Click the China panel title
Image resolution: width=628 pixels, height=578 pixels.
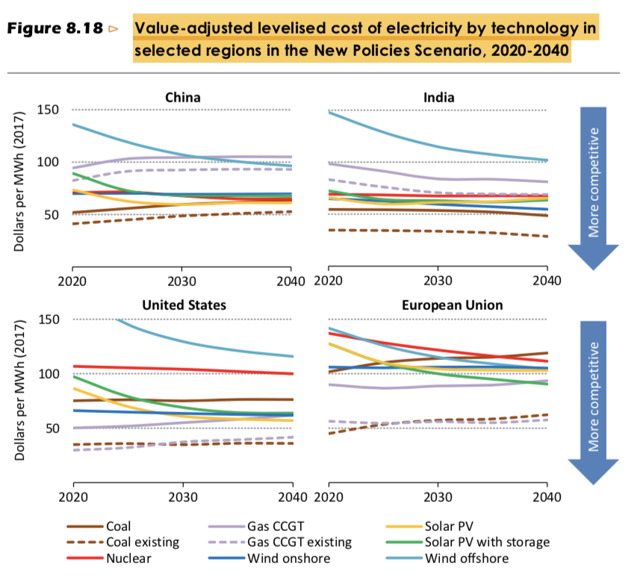pyautogui.click(x=182, y=97)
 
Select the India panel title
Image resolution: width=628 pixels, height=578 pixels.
pyautogui.click(x=438, y=97)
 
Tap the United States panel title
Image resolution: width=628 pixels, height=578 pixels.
pyautogui.click(x=182, y=305)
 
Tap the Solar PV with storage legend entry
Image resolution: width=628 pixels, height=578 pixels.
pyautogui.click(x=487, y=542)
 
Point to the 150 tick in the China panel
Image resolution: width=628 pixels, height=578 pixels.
pyautogui.click(x=47, y=111)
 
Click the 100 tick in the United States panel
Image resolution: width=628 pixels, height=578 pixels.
pyautogui.click(x=47, y=373)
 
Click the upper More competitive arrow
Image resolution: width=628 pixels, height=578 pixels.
pyautogui.click(x=594, y=183)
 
